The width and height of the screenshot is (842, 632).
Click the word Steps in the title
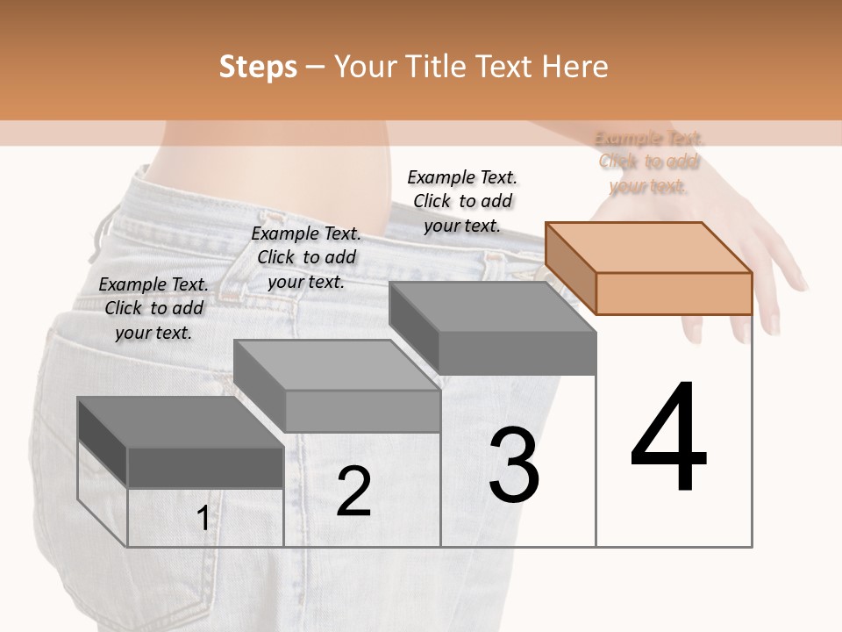coord(258,67)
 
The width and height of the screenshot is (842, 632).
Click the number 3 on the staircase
coord(513,465)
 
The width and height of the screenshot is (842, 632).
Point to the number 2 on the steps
coord(353,492)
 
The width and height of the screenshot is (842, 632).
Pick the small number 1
coord(203,519)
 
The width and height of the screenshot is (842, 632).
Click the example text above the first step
coord(153,308)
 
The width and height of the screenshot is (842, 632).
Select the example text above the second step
coord(306,257)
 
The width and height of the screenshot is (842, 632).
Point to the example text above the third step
coord(462,201)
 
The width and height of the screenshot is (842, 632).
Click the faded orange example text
coord(649,162)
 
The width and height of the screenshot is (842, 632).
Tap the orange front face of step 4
coord(674,293)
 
